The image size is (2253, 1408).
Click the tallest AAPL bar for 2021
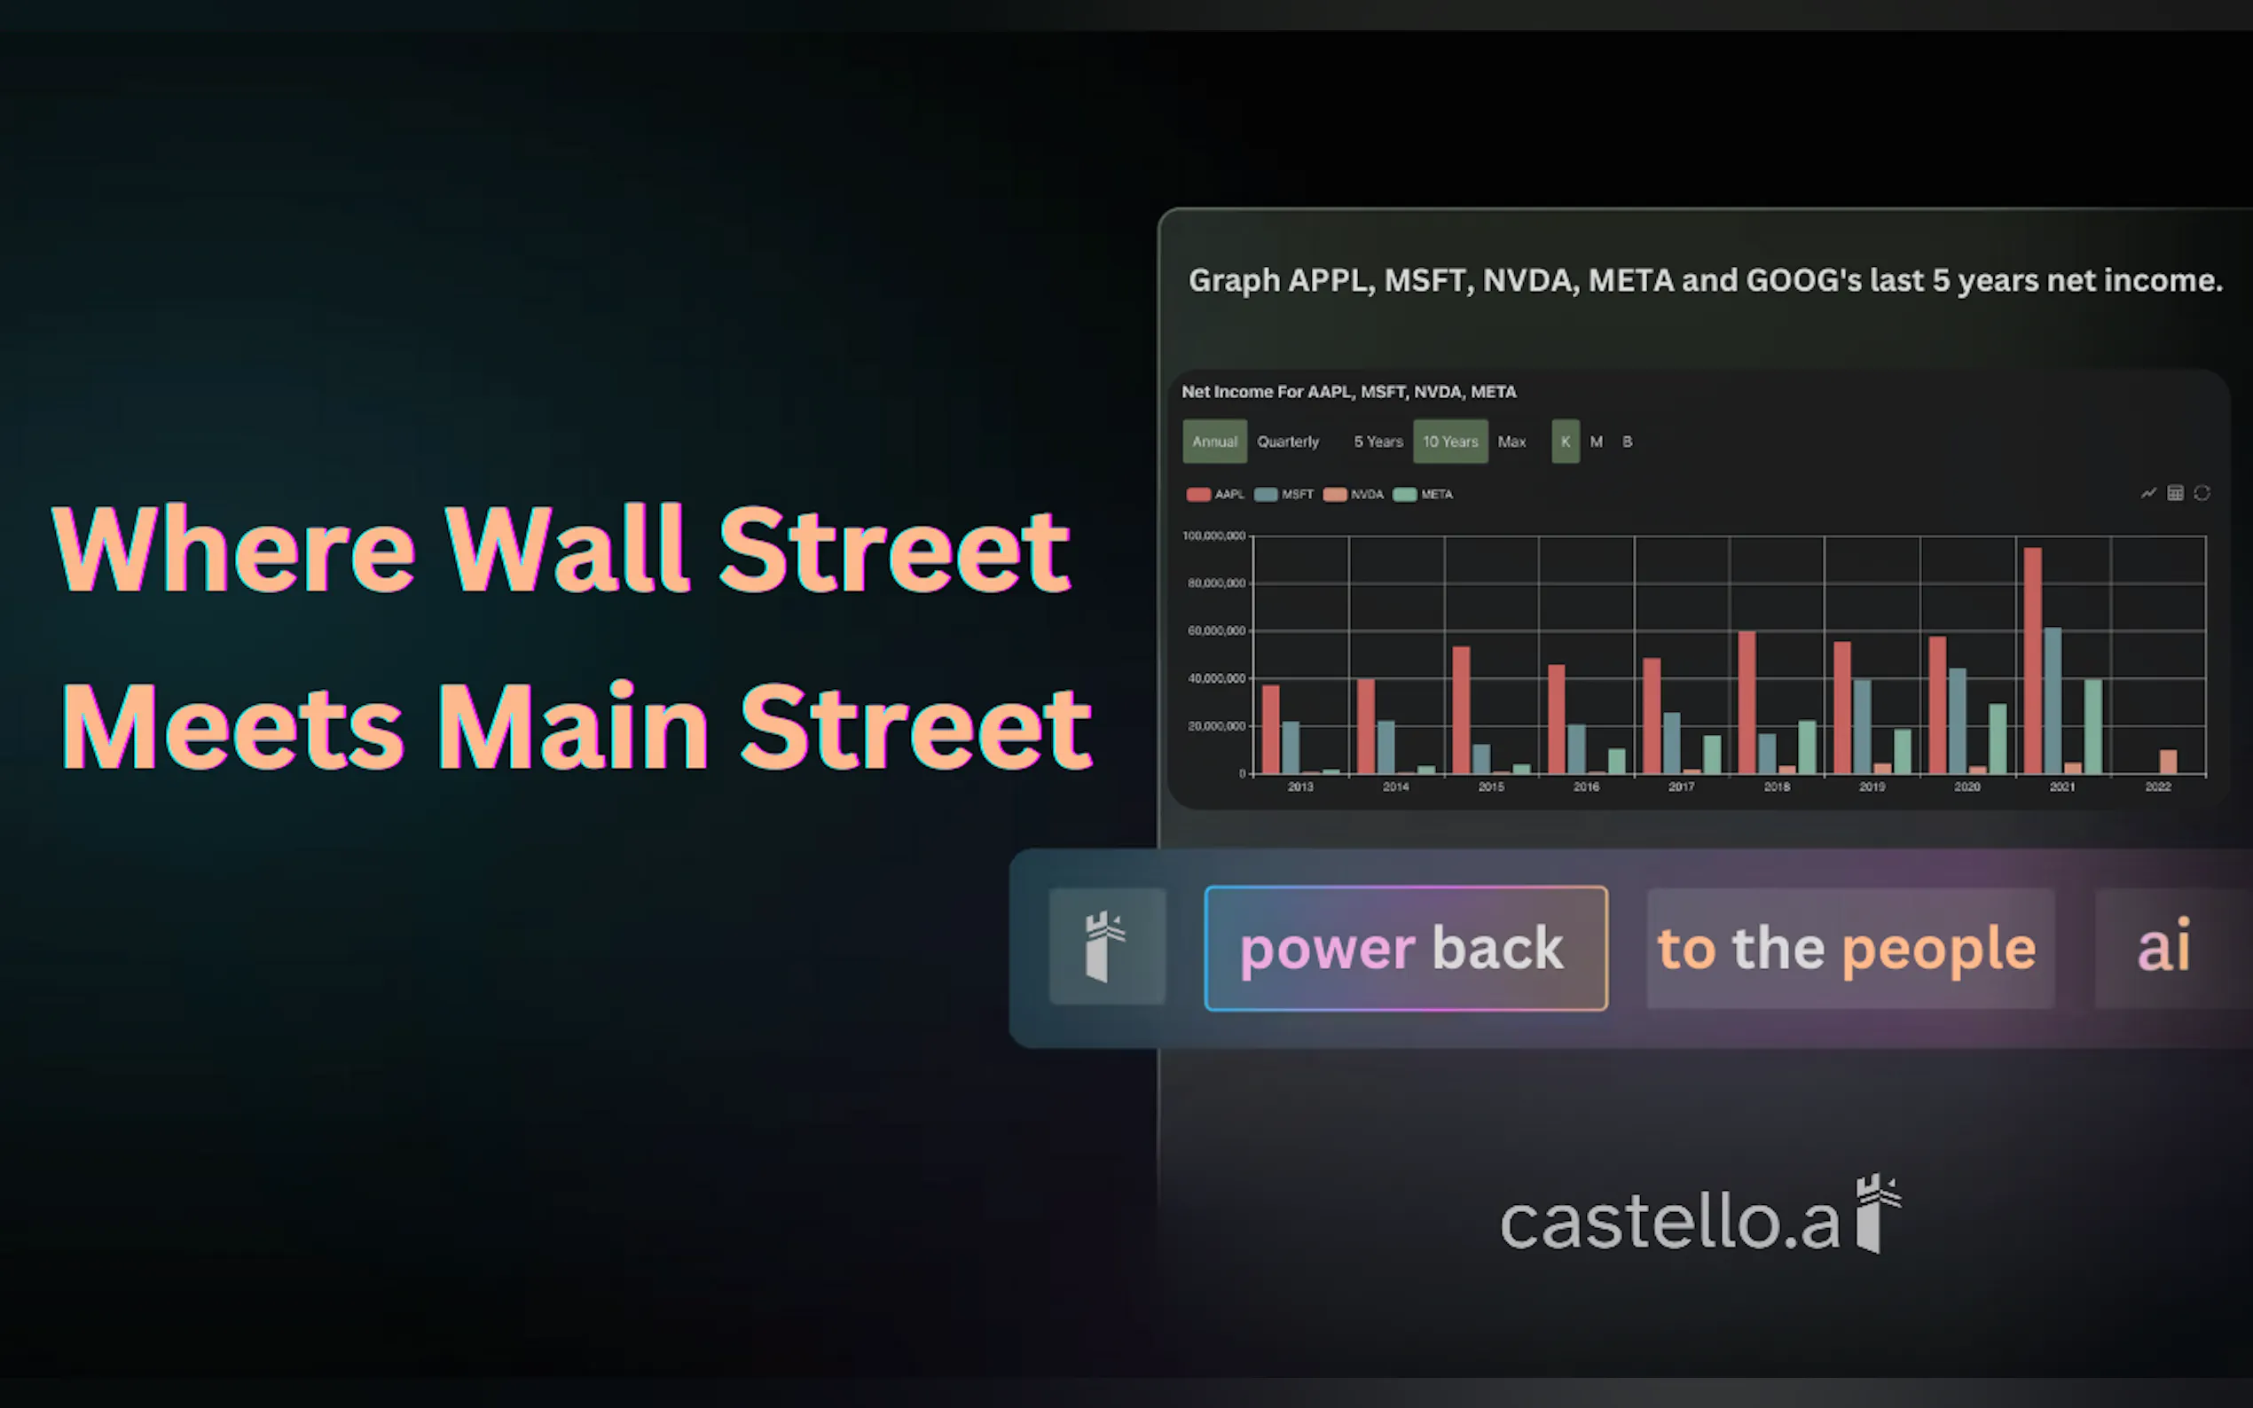[2032, 661]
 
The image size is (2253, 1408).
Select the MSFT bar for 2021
[2052, 700]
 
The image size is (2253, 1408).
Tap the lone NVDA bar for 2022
[2168, 762]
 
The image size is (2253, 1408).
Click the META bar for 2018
[1807, 747]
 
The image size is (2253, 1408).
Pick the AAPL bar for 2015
[1461, 710]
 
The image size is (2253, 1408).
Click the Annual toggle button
[1214, 442]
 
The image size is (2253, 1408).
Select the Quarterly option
[1288, 442]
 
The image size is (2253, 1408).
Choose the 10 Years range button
[1450, 442]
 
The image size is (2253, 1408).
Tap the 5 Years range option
[1378, 442]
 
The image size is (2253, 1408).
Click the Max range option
[1511, 442]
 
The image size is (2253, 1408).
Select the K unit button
[1566, 442]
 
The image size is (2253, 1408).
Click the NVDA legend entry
[1354, 495]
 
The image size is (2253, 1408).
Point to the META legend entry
[1423, 495]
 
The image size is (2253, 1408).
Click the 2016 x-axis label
[1586, 786]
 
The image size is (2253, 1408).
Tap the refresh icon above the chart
[2202, 493]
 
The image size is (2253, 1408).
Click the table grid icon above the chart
[2175, 493]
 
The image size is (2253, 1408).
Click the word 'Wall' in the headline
[566, 549]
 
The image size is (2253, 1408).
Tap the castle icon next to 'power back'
[1106, 946]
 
